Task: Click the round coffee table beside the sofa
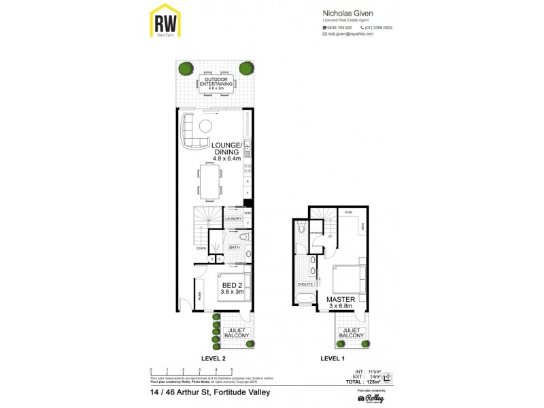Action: [205, 126]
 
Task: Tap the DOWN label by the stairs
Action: [201, 248]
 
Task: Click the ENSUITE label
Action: [306, 284]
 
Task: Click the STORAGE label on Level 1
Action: [316, 233]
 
